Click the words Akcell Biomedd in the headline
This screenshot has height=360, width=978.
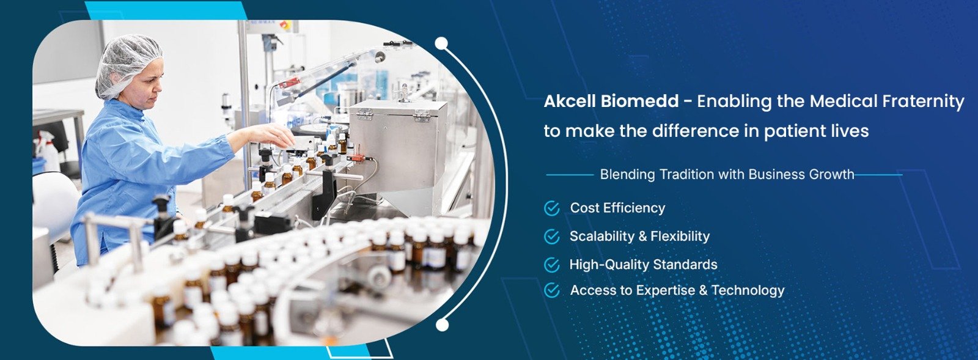tap(611, 101)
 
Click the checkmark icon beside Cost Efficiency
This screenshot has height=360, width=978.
tap(552, 208)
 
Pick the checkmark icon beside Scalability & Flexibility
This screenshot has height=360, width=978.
tap(552, 237)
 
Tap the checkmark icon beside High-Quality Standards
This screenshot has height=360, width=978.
tap(552, 265)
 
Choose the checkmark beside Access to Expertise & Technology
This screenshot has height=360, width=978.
tap(552, 290)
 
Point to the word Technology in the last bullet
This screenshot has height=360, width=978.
tap(748, 290)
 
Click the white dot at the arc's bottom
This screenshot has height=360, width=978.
tap(442, 325)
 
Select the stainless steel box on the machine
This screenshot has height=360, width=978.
tap(397, 146)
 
